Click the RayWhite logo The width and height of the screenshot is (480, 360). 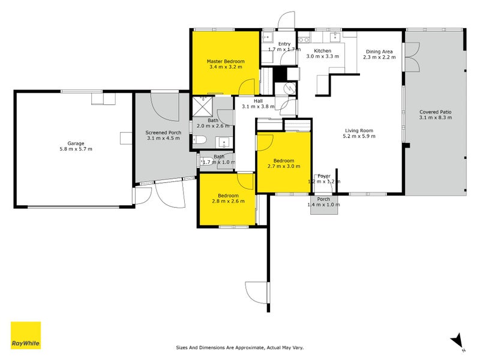(x=26, y=335)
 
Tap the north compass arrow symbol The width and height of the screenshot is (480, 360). (x=458, y=341)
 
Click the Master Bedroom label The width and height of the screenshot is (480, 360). (x=226, y=61)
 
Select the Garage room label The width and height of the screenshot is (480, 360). (x=76, y=143)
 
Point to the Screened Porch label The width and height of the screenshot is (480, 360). (x=163, y=133)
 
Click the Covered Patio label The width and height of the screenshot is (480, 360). (x=435, y=112)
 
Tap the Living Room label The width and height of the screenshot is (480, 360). (x=359, y=130)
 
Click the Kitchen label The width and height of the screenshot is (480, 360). (x=323, y=51)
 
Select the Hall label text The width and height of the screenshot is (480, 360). (x=258, y=101)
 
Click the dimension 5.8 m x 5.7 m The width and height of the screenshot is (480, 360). (x=76, y=149)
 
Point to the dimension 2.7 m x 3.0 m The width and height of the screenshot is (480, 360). (x=283, y=166)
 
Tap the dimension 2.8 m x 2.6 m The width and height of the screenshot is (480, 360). (x=228, y=202)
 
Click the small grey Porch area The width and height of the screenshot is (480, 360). (x=324, y=202)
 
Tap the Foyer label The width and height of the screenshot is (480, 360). (x=324, y=176)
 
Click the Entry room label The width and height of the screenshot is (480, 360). (x=284, y=44)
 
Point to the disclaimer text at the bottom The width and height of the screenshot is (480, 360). (x=244, y=347)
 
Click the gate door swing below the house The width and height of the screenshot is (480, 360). (x=255, y=294)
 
